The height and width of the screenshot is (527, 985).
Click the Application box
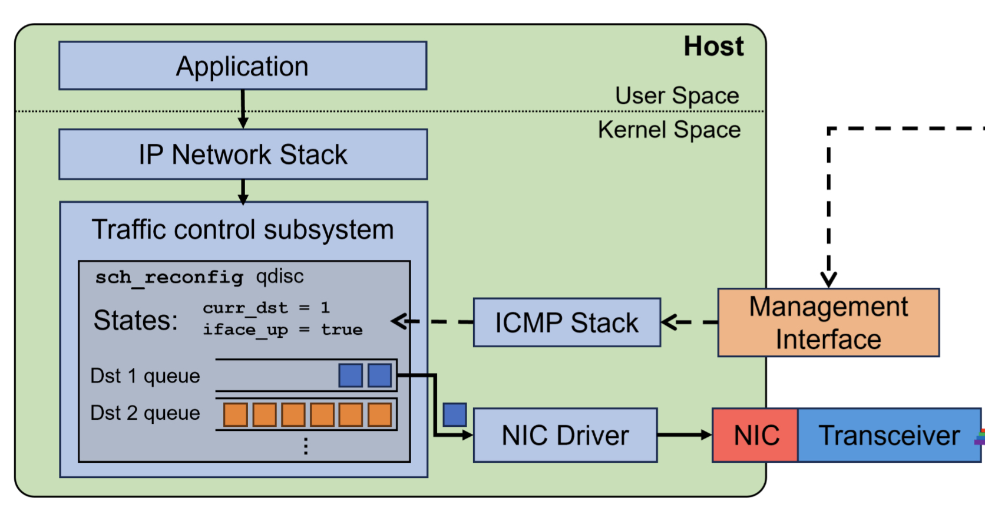(x=243, y=66)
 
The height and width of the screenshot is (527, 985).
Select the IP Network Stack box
(x=243, y=154)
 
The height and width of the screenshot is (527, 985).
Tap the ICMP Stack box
(x=567, y=322)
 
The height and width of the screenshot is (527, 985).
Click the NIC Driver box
(x=565, y=436)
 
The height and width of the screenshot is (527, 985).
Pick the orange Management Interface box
(x=828, y=322)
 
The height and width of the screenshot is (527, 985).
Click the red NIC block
(x=756, y=436)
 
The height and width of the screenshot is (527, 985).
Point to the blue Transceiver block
(x=888, y=436)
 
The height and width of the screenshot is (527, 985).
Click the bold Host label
(x=713, y=47)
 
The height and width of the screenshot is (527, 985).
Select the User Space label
(x=677, y=95)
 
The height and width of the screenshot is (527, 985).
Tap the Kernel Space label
(x=669, y=130)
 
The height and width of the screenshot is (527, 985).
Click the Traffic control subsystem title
(x=243, y=230)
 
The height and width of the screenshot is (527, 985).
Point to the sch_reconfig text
(x=169, y=277)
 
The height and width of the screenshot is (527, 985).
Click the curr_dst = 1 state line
(x=266, y=308)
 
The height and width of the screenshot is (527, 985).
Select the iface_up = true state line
(x=283, y=330)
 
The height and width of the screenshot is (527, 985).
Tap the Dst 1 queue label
(x=145, y=376)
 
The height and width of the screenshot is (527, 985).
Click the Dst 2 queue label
(x=145, y=413)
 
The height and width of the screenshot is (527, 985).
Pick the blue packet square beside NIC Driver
(x=455, y=415)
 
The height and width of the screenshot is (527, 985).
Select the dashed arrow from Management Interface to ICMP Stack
(x=689, y=322)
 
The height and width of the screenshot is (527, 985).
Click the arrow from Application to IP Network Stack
(x=243, y=110)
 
